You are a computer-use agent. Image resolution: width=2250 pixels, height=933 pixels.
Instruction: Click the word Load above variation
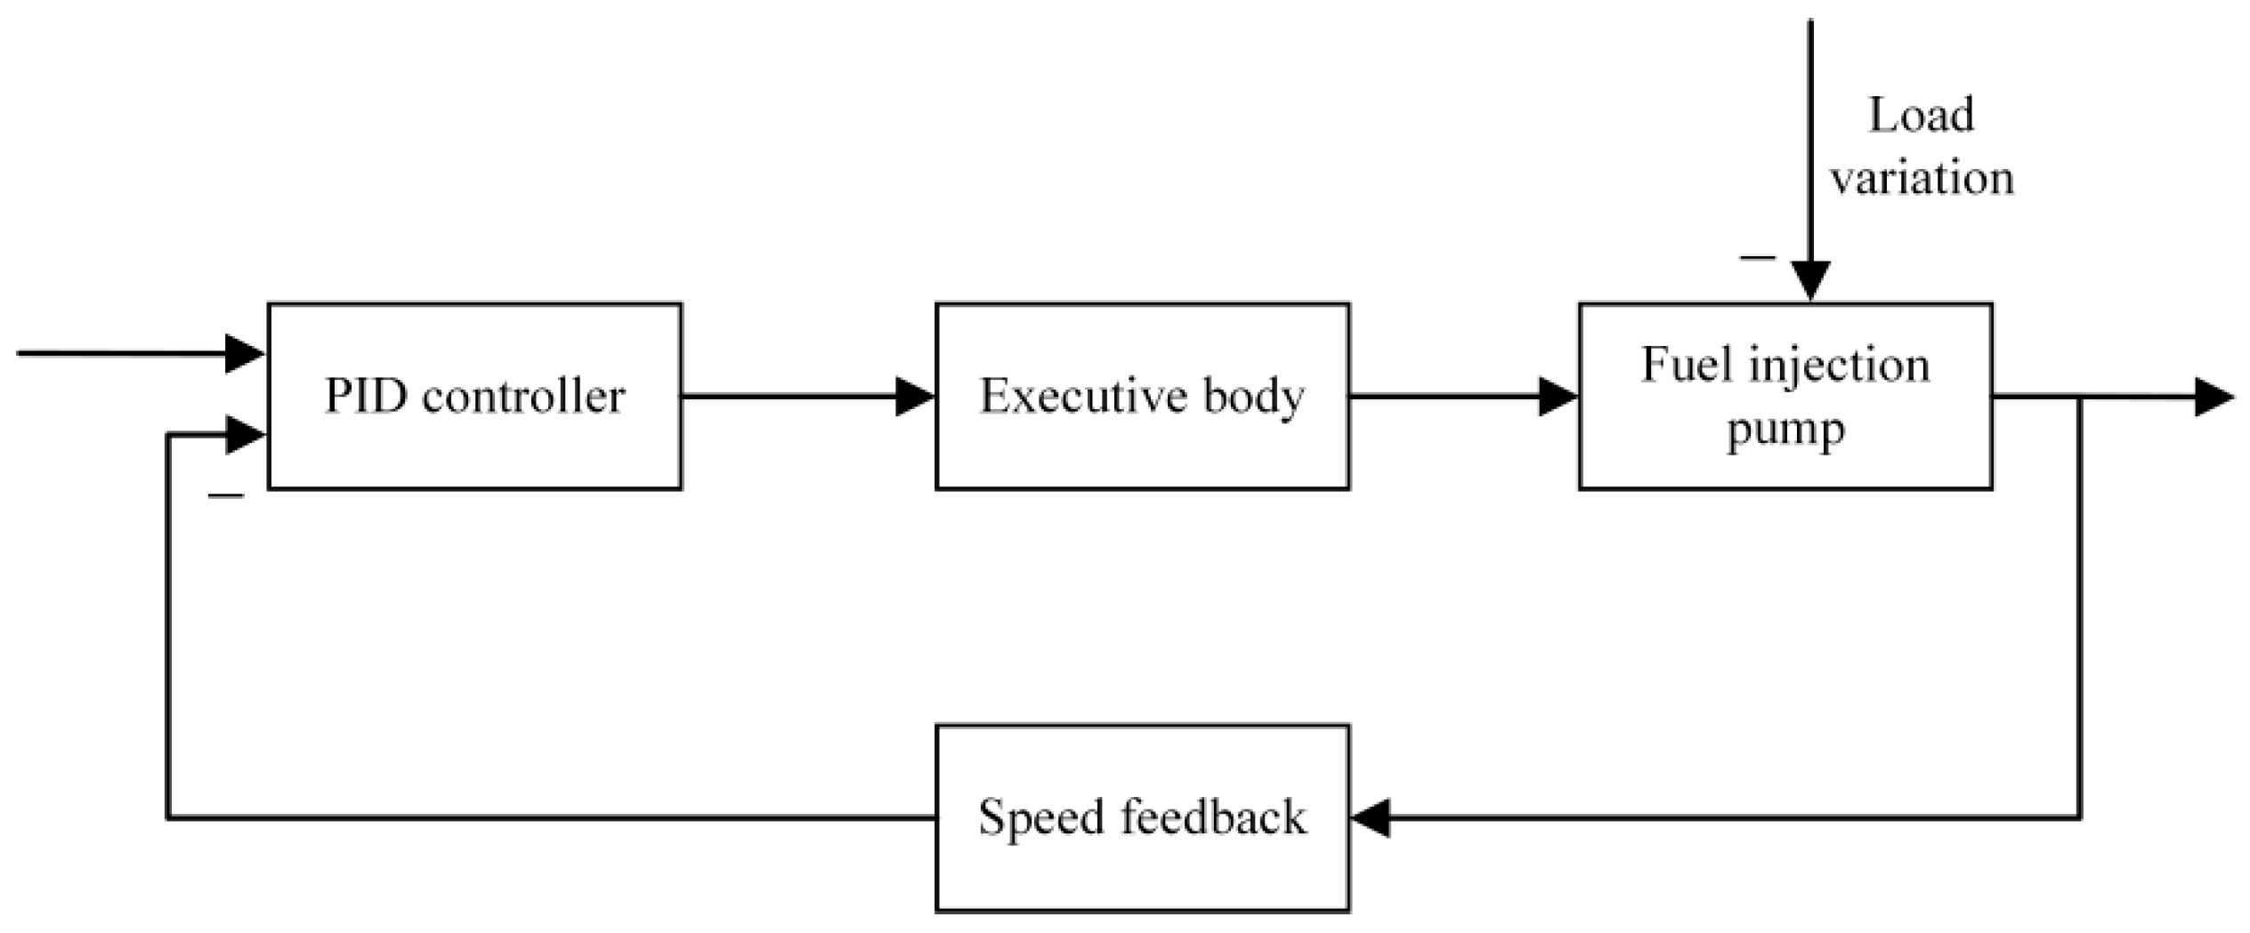1921,116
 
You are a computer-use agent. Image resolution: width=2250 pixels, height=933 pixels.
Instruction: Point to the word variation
1921,178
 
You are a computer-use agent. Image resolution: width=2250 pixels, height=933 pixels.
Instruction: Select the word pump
1785,430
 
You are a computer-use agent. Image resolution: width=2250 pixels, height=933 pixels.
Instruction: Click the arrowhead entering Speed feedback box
1371,817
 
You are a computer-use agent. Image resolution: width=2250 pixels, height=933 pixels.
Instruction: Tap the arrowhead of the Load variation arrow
1810,281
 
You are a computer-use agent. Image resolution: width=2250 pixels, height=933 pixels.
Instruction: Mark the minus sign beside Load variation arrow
1757,258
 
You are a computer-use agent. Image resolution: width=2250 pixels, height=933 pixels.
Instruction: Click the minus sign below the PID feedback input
225,495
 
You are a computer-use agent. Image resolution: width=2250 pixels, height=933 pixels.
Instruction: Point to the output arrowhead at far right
2214,397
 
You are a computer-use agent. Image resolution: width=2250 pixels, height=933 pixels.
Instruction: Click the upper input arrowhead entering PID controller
245,353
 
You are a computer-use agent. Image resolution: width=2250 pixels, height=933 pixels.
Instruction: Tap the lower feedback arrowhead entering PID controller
245,435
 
